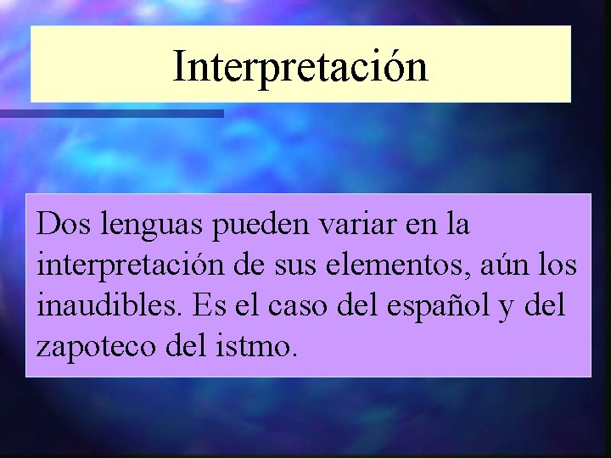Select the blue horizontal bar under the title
110,113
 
